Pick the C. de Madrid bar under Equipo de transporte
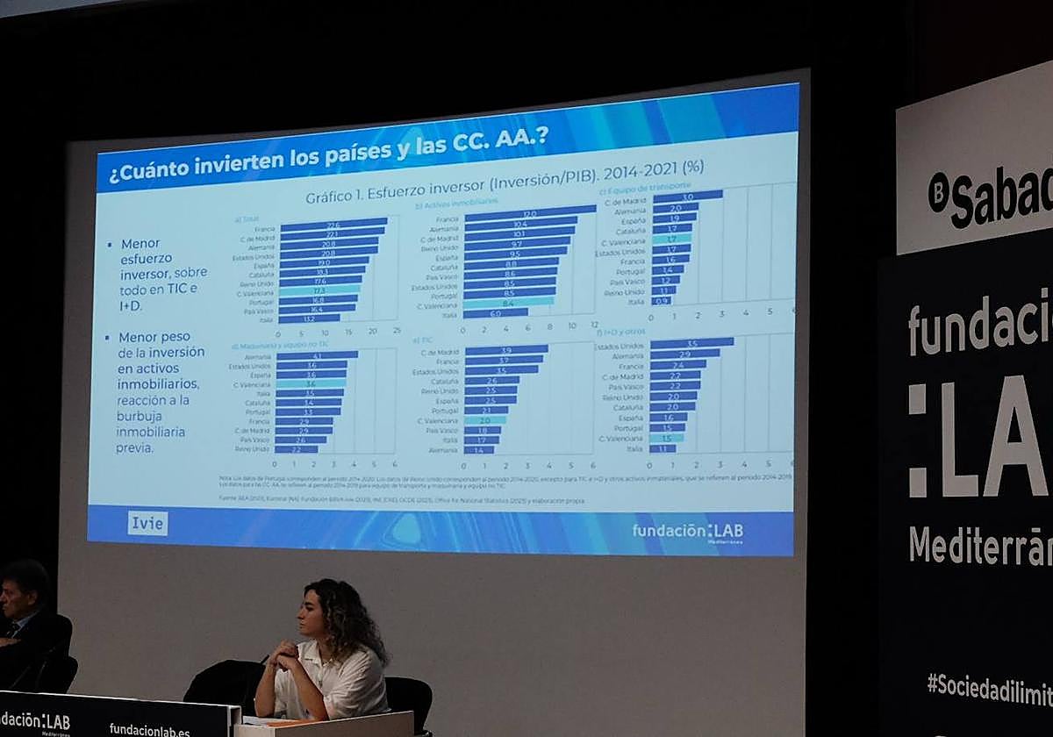click(687, 197)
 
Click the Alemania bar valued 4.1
click(316, 355)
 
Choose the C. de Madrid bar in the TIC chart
click(506, 349)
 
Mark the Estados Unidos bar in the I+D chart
click(691, 343)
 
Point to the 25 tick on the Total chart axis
click(397, 332)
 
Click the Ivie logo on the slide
click(147, 523)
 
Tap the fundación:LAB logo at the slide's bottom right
click(687, 532)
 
